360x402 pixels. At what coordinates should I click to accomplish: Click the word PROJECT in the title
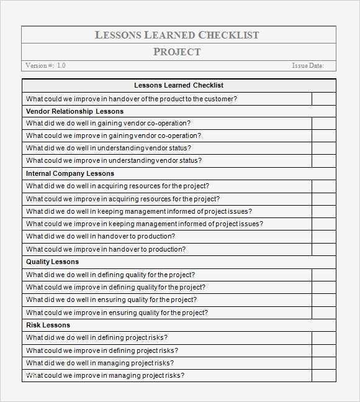click(177, 52)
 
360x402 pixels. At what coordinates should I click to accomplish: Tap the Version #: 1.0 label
click(45, 65)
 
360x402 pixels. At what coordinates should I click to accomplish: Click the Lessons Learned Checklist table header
click(179, 85)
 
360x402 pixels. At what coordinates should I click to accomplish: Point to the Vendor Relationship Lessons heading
click(74, 111)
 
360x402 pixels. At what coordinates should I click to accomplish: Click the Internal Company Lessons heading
click(70, 173)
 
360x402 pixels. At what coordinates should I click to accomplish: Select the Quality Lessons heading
click(52, 262)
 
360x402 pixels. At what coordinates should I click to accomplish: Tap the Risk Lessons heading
click(48, 325)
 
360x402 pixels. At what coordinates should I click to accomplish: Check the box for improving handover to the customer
click(323, 98)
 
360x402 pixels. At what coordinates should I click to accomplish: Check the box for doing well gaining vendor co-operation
click(323, 123)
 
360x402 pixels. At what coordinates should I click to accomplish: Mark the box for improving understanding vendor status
click(323, 160)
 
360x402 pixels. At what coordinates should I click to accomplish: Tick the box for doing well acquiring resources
click(323, 186)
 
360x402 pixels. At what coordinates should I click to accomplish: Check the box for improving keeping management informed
click(323, 224)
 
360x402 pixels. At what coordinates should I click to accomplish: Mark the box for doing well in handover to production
click(323, 236)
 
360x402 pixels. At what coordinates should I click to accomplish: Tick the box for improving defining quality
click(323, 287)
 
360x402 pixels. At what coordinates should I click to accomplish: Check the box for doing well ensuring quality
click(323, 299)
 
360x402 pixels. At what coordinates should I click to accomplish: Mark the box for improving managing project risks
click(323, 375)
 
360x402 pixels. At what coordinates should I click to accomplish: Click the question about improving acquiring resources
click(123, 199)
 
